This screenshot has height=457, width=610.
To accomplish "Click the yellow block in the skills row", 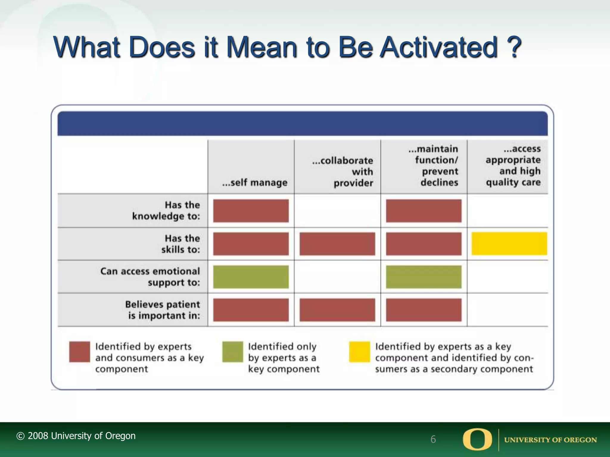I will (x=509, y=244).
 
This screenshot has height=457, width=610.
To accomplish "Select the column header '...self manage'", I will (x=255, y=182).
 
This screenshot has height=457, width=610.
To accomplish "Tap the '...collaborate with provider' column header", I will (x=343, y=172).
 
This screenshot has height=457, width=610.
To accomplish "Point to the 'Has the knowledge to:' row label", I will (x=166, y=211).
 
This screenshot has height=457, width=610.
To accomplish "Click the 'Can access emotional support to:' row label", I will (x=150, y=277).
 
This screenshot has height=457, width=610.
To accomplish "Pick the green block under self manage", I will (x=251, y=277).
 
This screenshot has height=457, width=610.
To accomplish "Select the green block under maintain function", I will (x=424, y=277).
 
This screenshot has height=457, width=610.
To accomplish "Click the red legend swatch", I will (x=80, y=352).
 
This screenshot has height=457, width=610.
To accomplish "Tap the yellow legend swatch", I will (x=360, y=352).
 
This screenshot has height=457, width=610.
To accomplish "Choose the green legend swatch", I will (x=233, y=352).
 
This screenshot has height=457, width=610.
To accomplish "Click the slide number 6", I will (x=433, y=439).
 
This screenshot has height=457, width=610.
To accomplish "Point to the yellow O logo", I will (x=477, y=439).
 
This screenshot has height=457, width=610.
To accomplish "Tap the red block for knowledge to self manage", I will (x=251, y=211).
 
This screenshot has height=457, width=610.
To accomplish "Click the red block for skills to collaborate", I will (x=337, y=244).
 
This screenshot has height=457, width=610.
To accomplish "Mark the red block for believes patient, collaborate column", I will (x=337, y=310).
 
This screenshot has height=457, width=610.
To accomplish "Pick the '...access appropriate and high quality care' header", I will (x=513, y=165).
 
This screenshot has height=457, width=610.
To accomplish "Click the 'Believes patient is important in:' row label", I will (x=163, y=310).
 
